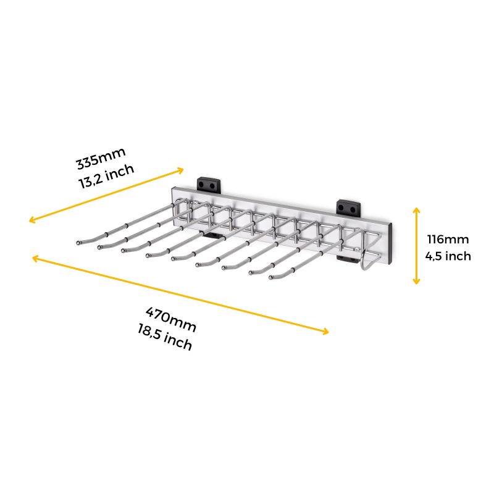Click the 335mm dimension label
[x=101, y=158]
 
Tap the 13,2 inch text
[x=106, y=177]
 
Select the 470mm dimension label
[x=171, y=319]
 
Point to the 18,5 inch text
[x=165, y=338]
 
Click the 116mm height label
[x=448, y=239]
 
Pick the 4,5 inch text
[x=448, y=256]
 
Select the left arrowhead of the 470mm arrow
[x=35, y=259]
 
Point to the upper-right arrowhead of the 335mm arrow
[x=180, y=170]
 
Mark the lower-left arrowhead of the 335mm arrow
[x=32, y=220]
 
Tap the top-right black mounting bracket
[x=348, y=207]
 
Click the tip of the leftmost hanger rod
[x=78, y=243]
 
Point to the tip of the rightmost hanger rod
[x=270, y=277]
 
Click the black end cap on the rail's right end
[x=391, y=243]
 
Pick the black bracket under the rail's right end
[x=346, y=259]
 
